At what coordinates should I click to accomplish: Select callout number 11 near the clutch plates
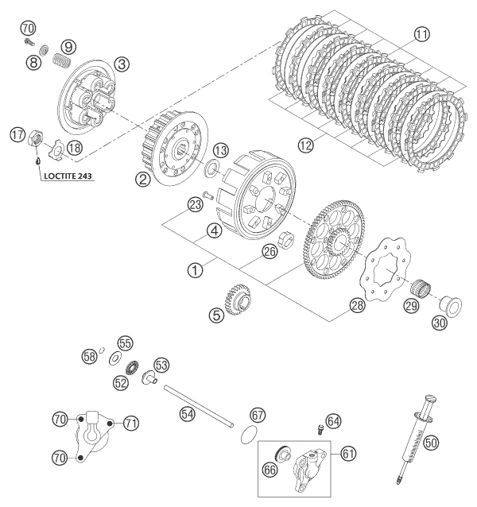[x=421, y=34]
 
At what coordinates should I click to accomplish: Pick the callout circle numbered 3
[x=121, y=64]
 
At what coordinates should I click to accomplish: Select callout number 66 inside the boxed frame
[x=272, y=470]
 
